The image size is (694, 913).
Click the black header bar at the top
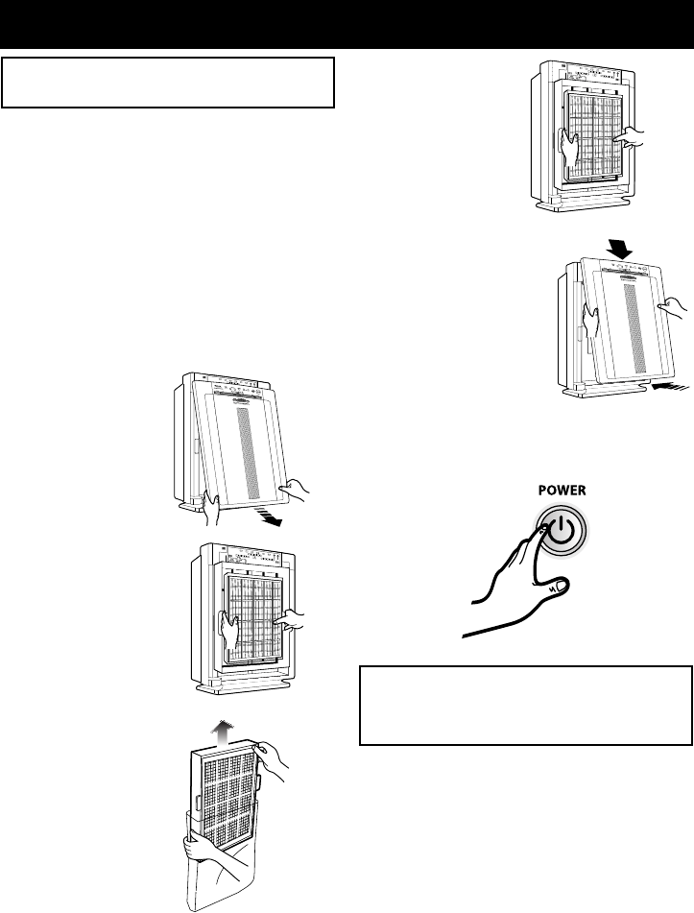pyautogui.click(x=347, y=23)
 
